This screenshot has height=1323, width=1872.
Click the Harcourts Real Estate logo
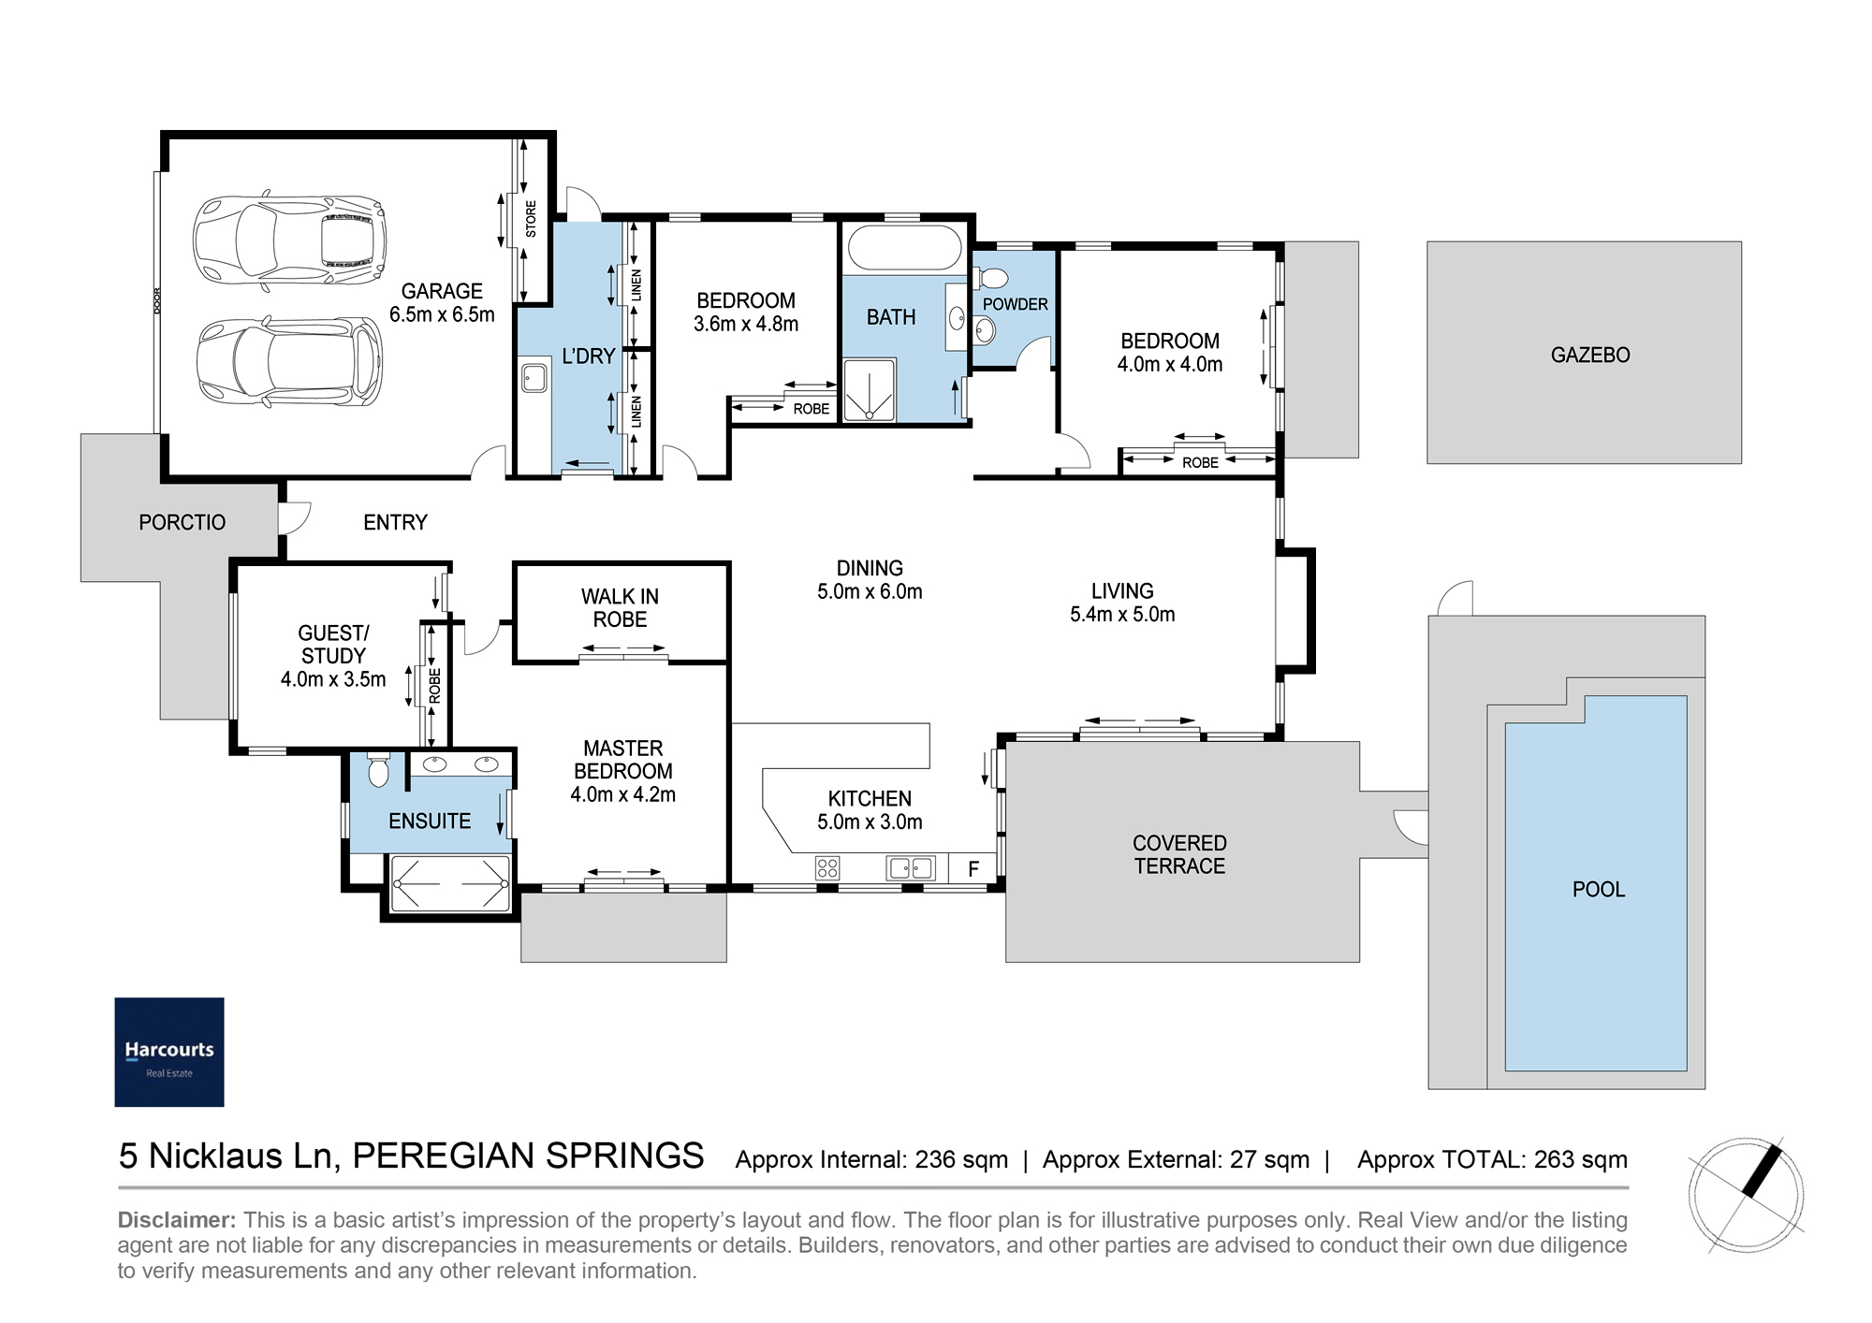click(169, 1052)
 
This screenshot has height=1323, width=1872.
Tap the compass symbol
click(1747, 1195)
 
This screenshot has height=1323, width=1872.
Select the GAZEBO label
click(1590, 355)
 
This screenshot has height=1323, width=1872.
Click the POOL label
click(1599, 889)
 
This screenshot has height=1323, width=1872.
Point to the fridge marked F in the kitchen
click(973, 868)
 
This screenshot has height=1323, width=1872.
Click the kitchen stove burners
click(827, 867)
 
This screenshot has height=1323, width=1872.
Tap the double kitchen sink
click(911, 868)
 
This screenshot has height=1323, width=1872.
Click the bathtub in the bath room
click(904, 248)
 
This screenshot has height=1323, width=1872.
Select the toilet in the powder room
click(990, 278)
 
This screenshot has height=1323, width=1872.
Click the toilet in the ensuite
click(378, 770)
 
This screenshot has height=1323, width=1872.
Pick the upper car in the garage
click(289, 240)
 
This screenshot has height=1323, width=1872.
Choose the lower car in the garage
click(289, 362)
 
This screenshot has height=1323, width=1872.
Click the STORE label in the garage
click(531, 219)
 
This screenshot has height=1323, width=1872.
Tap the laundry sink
click(534, 378)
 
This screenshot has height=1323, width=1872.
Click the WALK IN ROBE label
click(620, 608)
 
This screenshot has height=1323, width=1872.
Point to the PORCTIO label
click(183, 522)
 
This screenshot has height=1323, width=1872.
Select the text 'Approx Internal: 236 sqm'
click(871, 1160)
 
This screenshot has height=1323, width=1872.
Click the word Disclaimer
click(177, 1220)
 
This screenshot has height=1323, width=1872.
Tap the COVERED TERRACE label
click(1179, 855)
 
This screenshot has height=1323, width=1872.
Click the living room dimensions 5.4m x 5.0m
click(1122, 615)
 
